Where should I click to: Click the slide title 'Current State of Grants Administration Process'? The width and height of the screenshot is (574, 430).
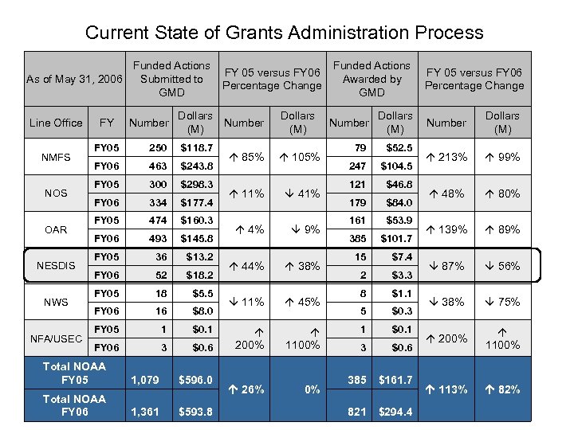tap(284, 33)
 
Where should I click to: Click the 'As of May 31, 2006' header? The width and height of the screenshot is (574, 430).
tap(74, 79)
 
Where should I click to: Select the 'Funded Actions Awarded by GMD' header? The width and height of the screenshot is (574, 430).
tap(372, 79)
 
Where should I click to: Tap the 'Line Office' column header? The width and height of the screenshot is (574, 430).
tap(56, 123)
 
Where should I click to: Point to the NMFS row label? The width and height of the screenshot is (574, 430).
tap(56, 157)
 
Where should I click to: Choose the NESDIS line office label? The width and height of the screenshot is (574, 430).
tap(56, 266)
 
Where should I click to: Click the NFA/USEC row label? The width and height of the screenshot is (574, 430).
tap(56, 338)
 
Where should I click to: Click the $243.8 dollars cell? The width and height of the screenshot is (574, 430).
tap(195, 166)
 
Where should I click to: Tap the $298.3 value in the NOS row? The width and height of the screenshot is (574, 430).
tap(195, 184)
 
